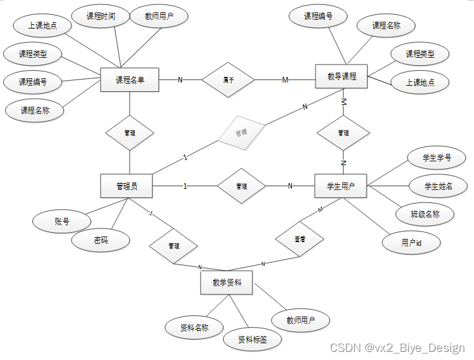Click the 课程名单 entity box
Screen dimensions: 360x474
point(130,79)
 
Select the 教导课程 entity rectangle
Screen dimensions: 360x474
point(342,77)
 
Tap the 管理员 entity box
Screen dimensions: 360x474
point(127,186)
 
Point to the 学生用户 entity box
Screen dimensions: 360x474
point(341,186)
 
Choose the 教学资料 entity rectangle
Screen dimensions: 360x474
point(227,283)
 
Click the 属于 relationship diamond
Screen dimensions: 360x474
point(229,79)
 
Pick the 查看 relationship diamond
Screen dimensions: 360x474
point(299,238)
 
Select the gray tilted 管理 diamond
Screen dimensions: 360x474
point(241,132)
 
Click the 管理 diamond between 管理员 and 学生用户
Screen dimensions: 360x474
point(241,186)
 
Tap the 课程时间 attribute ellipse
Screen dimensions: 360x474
point(101,17)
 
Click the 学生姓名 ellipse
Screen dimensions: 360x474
point(438,186)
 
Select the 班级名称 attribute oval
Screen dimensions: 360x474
point(425,214)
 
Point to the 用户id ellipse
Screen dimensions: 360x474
point(411,243)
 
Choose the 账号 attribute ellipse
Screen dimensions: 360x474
point(62,222)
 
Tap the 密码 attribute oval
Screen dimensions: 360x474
point(101,240)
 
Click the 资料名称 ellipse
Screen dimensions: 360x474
point(194,327)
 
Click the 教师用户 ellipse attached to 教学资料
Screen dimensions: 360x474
point(300,321)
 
